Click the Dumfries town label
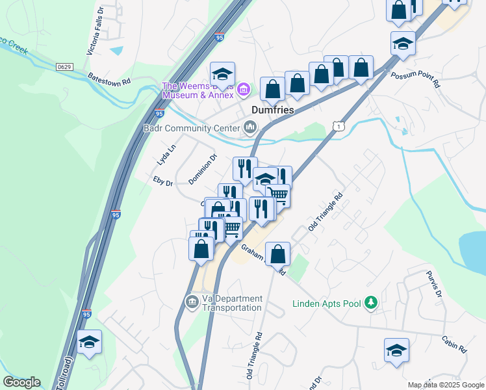tap(272, 110)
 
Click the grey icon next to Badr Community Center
tap(250, 127)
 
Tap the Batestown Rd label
tap(109, 79)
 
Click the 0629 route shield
tap(64, 66)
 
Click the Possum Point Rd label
tap(416, 80)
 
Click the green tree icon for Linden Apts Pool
tap(371, 303)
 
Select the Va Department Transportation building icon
tap(192, 302)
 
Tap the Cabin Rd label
tap(454, 344)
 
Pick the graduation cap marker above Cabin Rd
tap(396, 350)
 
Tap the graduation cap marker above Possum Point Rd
tap(403, 44)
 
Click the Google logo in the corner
tap(21, 382)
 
